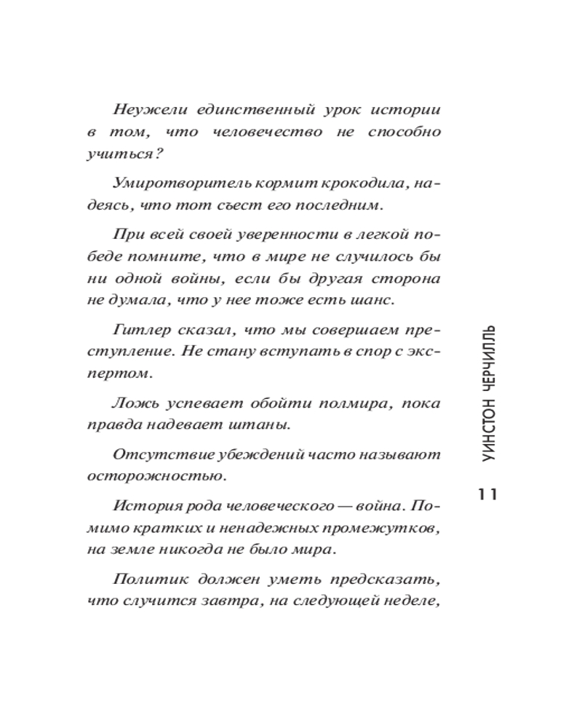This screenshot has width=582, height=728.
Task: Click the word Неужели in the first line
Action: [145, 110]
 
